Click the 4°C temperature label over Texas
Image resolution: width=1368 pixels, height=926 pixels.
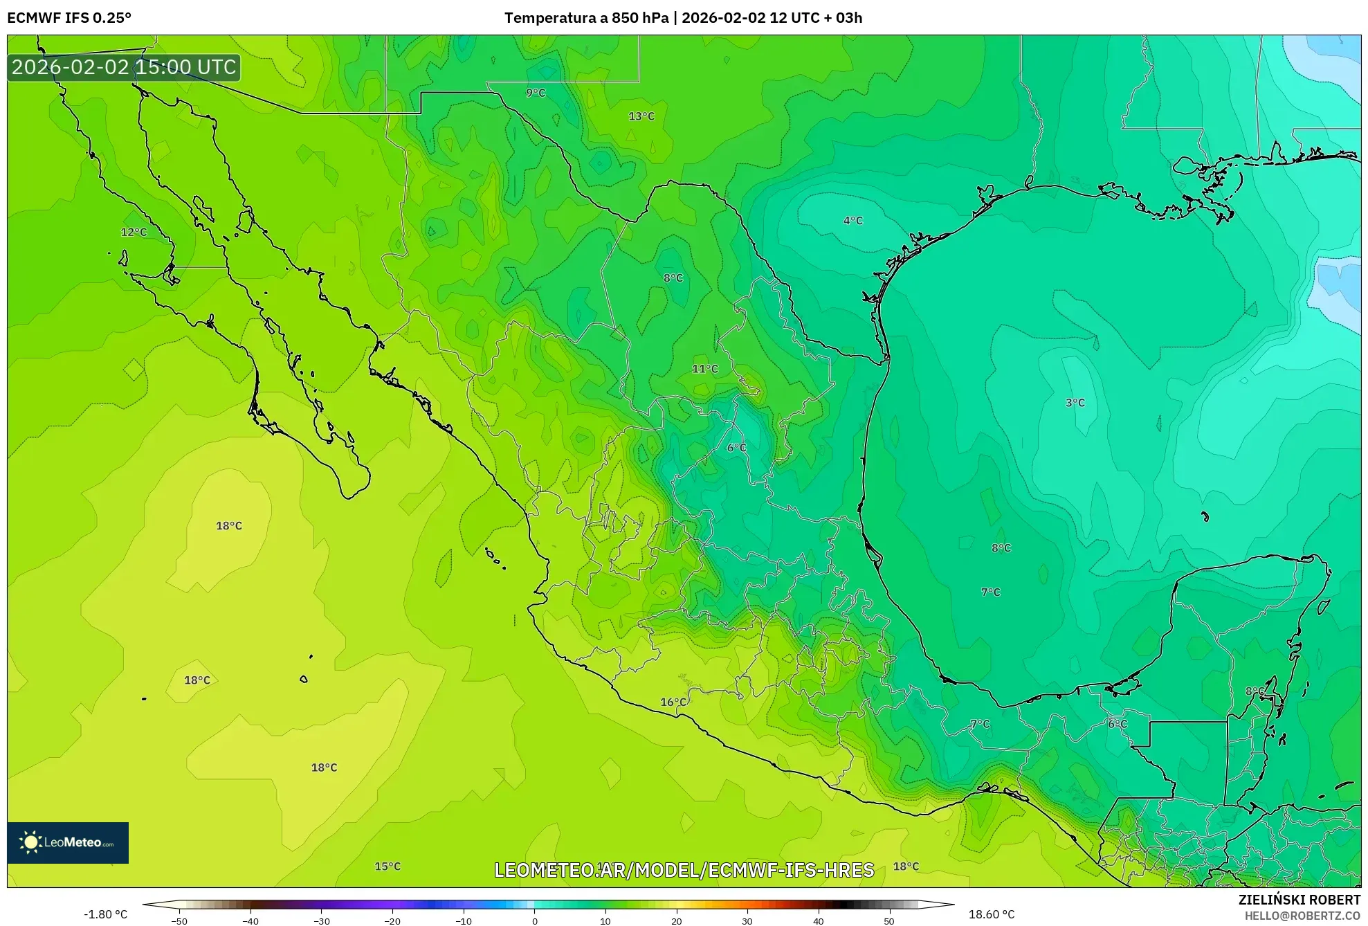point(852,221)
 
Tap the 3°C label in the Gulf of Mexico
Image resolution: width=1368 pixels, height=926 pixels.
point(1075,403)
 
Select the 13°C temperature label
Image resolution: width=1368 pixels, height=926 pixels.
point(641,116)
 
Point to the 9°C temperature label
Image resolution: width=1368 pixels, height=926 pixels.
point(535,93)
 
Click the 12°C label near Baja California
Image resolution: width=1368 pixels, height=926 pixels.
point(134,233)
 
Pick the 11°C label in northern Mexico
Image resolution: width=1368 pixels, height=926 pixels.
point(704,369)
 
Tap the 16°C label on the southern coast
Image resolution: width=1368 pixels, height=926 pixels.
point(673,702)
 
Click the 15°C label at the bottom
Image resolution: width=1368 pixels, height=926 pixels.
point(387,866)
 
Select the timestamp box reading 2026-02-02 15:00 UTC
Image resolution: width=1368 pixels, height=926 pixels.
point(124,68)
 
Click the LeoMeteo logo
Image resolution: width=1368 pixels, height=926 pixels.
point(68,842)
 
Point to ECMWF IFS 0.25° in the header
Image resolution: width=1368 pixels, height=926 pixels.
point(69,18)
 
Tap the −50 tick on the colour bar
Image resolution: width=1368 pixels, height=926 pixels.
point(179,921)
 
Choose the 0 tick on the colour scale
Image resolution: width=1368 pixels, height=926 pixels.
point(534,921)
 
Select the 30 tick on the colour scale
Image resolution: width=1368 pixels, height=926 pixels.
point(747,921)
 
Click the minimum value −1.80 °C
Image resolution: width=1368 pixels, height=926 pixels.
point(105,914)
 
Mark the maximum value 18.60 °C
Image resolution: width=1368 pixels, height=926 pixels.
point(991,914)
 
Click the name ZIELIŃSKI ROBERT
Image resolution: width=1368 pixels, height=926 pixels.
point(1299,900)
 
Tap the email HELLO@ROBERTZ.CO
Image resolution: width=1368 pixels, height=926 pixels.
point(1302,916)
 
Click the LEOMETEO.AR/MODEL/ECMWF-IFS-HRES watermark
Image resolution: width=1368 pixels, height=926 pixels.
point(684,870)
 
